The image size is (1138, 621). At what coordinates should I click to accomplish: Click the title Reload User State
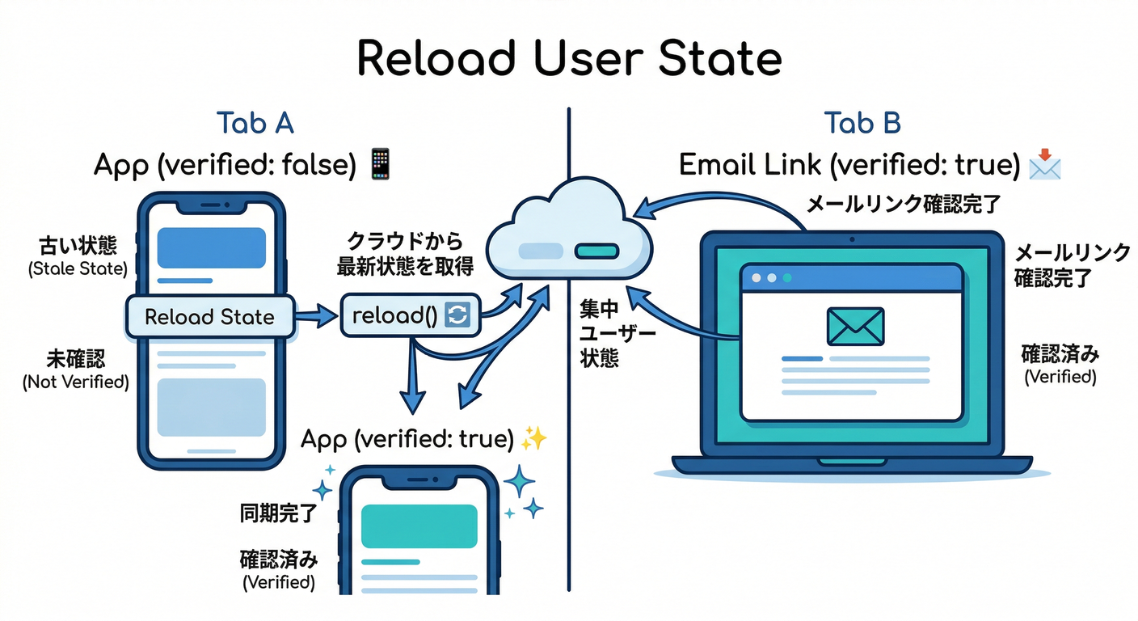click(x=569, y=57)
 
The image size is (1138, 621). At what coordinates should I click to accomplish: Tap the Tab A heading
click(x=255, y=123)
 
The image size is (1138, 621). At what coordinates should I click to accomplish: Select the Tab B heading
click(x=862, y=123)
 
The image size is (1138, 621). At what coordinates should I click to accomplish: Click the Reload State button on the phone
click(x=209, y=317)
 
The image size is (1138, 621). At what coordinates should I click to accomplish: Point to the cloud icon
click(x=569, y=230)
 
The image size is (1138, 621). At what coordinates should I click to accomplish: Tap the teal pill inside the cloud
click(x=596, y=251)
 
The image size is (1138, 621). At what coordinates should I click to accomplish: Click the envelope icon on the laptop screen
click(x=854, y=326)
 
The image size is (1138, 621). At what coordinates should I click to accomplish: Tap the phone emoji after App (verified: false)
click(x=380, y=164)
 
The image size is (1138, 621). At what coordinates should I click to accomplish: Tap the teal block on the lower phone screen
click(x=419, y=526)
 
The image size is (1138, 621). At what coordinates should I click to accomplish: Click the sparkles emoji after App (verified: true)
click(x=534, y=439)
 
